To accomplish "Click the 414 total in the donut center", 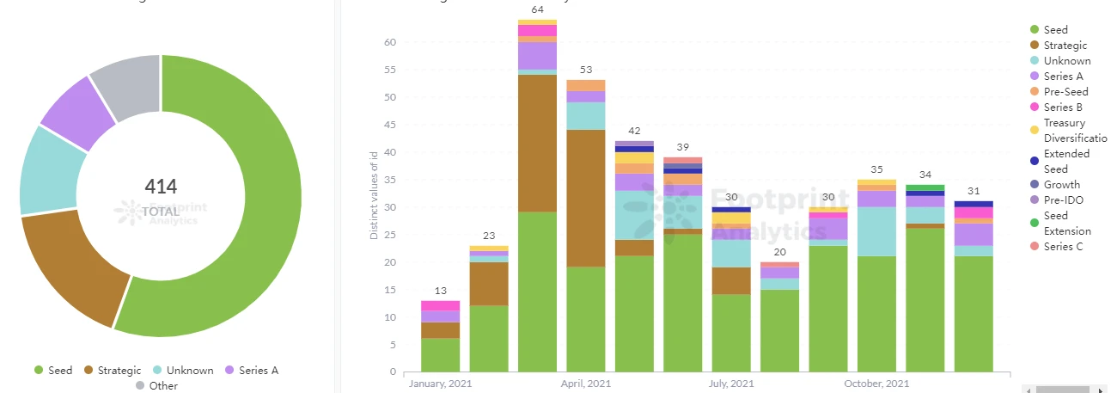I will pos(161,186).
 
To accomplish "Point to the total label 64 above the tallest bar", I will pos(537,9).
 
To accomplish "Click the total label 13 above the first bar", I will pos(440,291).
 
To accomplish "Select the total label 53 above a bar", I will pos(585,70).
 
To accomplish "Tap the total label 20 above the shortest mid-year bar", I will pos(779,252).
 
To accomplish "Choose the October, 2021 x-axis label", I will pos(876,384).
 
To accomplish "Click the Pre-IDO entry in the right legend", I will pos(1062,200).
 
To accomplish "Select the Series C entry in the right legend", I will pos(1063,247).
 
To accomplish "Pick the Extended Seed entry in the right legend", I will pos(1066,161).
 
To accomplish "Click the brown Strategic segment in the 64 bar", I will pos(537,144).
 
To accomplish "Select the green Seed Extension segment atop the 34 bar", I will pos(925,187).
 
